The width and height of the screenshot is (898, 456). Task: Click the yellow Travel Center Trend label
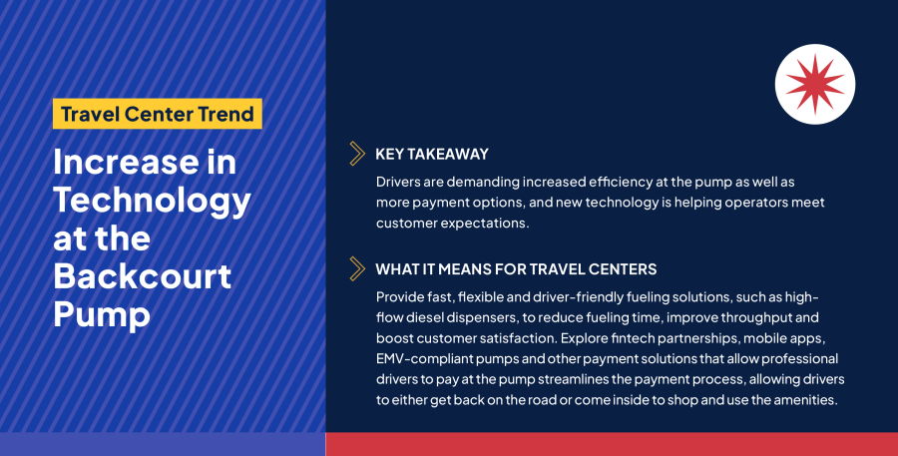click(x=157, y=114)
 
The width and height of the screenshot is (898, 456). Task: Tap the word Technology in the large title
click(x=152, y=200)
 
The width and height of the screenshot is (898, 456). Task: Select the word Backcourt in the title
click(x=142, y=275)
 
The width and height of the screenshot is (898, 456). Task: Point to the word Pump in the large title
click(x=101, y=313)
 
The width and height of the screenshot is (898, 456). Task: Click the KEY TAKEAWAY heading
click(x=432, y=154)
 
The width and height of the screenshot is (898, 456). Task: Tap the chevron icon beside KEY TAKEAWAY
click(x=356, y=154)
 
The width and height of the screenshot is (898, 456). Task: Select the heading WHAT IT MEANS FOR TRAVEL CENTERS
click(x=516, y=269)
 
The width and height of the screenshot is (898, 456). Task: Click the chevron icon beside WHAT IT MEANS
click(x=356, y=269)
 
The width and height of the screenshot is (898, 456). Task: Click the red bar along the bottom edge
click(x=611, y=444)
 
